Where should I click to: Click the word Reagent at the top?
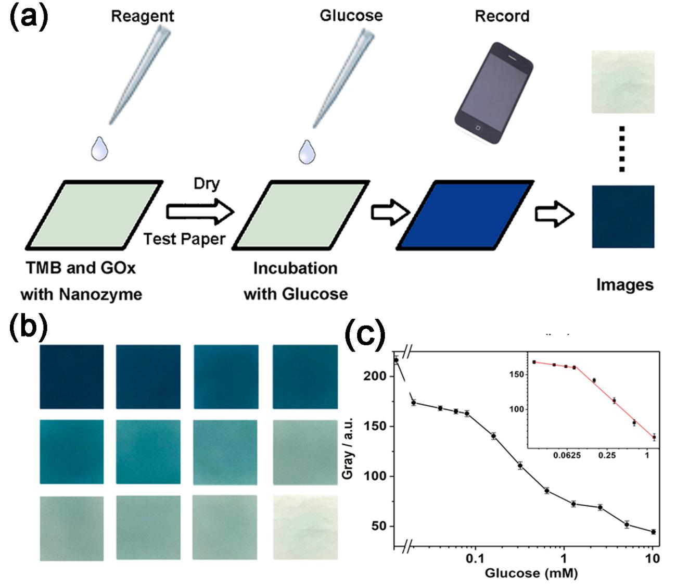(143, 17)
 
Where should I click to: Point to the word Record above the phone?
(502, 16)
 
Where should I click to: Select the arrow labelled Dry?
(200, 212)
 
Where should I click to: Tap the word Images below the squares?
(624, 285)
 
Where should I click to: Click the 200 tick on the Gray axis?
(383, 376)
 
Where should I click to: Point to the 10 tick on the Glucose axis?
(653, 559)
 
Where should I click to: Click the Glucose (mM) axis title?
(531, 573)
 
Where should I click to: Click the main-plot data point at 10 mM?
(653, 532)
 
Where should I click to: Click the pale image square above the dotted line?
(623, 82)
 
